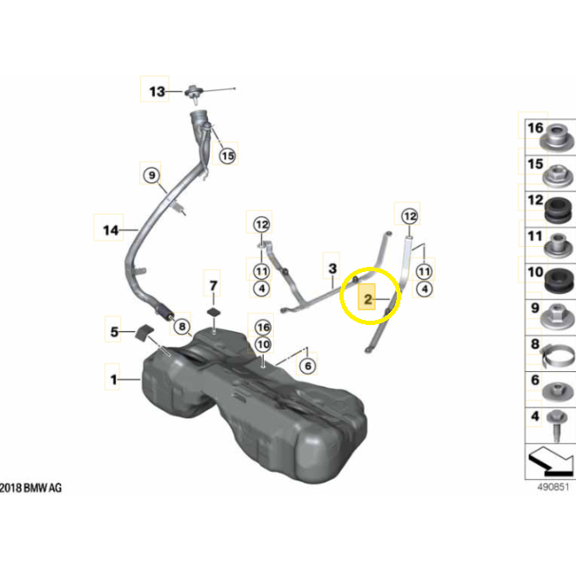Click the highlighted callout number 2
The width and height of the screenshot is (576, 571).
pyautogui.click(x=367, y=300)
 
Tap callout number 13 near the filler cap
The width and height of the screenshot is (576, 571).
pyautogui.click(x=157, y=91)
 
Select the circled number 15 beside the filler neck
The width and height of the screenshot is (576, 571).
pyautogui.click(x=227, y=156)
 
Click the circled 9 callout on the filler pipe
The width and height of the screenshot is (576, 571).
pyautogui.click(x=151, y=175)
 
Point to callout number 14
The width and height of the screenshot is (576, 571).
pyautogui.click(x=111, y=230)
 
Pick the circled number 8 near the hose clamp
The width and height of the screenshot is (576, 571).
pyautogui.click(x=182, y=326)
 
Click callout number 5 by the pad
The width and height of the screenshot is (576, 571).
pyautogui.click(x=114, y=332)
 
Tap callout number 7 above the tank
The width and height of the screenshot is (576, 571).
pyautogui.click(x=213, y=285)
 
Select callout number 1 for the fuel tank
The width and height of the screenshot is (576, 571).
pyautogui.click(x=113, y=379)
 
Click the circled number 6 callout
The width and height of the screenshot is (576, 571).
pyautogui.click(x=308, y=366)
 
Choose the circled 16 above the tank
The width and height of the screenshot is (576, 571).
pyautogui.click(x=263, y=327)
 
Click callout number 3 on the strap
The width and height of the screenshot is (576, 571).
pyautogui.click(x=332, y=269)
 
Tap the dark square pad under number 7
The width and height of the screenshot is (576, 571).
pyautogui.click(x=214, y=313)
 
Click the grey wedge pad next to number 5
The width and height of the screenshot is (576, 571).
pyautogui.click(x=144, y=331)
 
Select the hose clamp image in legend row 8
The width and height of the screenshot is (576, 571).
pyautogui.click(x=557, y=355)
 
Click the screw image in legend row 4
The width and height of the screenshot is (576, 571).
pyautogui.click(x=557, y=425)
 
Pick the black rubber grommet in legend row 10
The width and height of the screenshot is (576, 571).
pyautogui.click(x=559, y=281)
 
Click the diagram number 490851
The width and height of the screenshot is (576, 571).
pyautogui.click(x=553, y=487)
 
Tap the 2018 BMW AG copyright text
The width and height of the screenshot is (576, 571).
pyautogui.click(x=30, y=488)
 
